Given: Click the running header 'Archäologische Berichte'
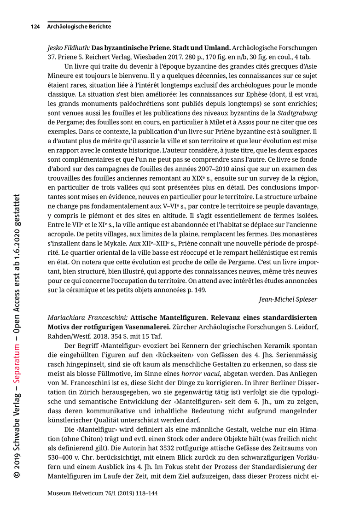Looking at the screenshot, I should tap(79, 27).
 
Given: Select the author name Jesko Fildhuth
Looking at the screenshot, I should tap(68, 47).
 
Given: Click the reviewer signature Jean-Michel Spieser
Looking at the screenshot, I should tap(288, 299).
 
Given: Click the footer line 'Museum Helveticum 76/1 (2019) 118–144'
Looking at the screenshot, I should tap(103, 493).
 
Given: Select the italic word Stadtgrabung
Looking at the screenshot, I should tap(297, 113).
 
